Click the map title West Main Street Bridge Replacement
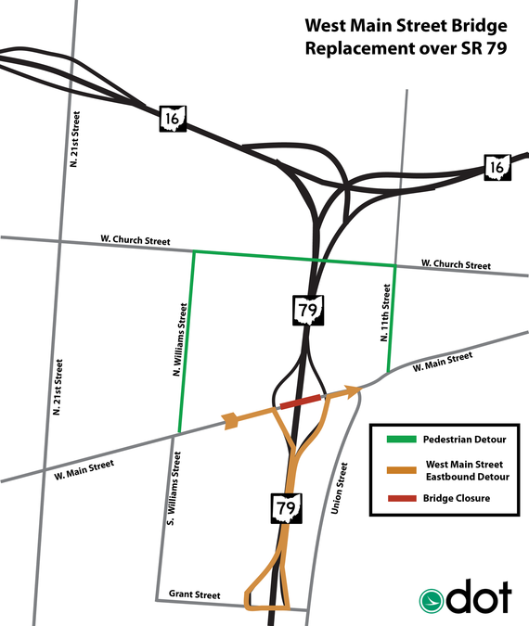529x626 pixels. (406, 36)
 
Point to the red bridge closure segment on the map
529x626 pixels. (301, 402)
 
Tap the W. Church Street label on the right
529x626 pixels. (456, 265)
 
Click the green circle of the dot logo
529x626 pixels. (431, 600)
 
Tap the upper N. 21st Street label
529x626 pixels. (75, 138)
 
